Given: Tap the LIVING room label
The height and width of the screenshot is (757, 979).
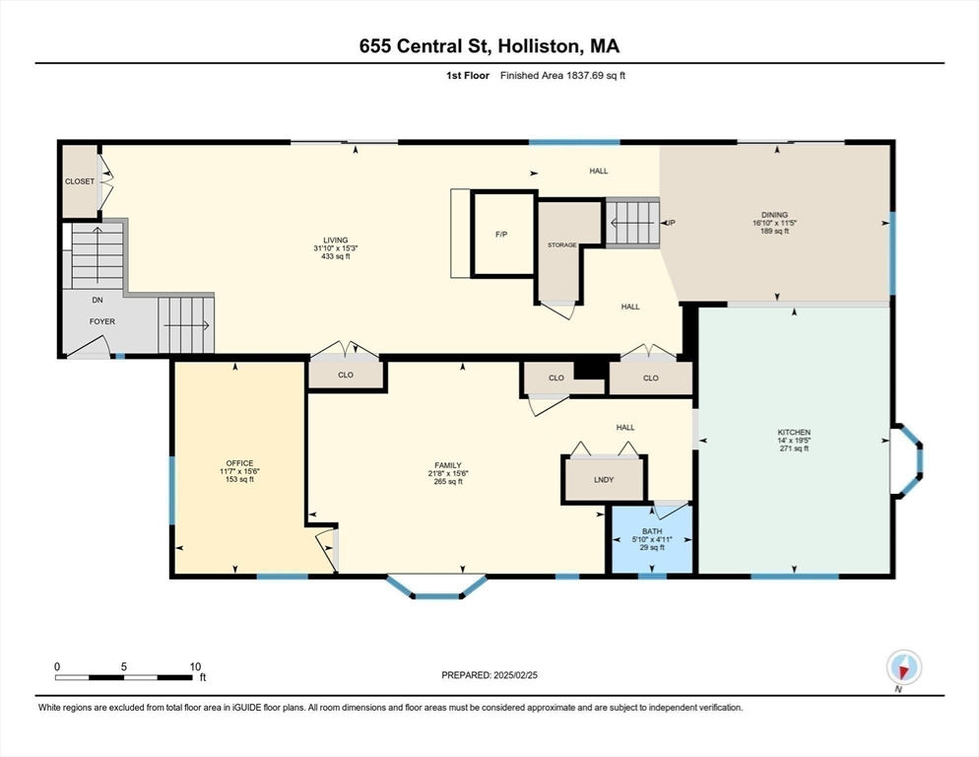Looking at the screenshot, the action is pos(335,241).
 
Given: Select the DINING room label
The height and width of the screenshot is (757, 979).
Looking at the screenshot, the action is pos(775,215).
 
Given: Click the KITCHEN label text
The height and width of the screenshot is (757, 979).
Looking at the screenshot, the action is pos(794,432).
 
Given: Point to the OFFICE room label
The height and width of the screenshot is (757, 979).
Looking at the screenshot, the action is pos(239,463).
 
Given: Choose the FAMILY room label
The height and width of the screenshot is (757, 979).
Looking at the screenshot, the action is pos(448,465).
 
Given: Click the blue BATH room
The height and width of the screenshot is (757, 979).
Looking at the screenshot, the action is pos(652,539).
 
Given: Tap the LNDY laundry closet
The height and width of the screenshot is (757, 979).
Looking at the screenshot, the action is pos(604,479).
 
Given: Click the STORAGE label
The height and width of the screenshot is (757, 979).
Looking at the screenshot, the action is pos(562,245).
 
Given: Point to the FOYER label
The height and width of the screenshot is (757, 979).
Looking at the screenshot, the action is pos(102,321).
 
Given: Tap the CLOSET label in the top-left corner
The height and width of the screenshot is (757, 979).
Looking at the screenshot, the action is pos(80,181).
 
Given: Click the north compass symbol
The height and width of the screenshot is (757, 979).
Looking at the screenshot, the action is pos(903,667).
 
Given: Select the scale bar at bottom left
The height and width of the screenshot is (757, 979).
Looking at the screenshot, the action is pos(124,677).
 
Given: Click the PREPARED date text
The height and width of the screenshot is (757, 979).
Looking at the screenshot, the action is pos(489,675).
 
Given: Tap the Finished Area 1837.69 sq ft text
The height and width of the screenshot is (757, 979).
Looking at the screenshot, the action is pos(562,76).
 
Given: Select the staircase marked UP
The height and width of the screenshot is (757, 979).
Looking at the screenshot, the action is pos(632,223).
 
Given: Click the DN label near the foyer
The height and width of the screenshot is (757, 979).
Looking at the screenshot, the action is pos(98,300).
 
